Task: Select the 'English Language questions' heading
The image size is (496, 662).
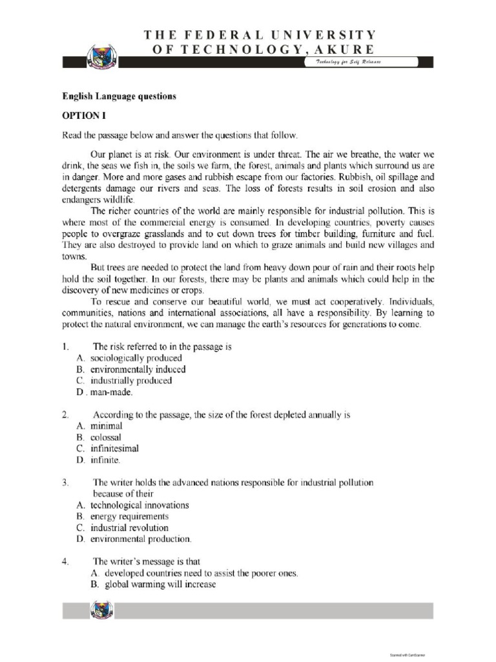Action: click(119, 96)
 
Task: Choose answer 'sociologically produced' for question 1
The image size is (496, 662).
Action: click(136, 358)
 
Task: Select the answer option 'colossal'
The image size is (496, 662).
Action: click(105, 437)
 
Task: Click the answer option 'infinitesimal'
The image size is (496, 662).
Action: click(114, 449)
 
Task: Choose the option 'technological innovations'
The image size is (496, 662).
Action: click(139, 505)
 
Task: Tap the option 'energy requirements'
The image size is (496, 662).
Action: click(129, 517)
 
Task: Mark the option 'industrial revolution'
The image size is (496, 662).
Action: click(129, 528)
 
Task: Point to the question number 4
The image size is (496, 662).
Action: click(65, 561)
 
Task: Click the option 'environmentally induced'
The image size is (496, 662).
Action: click(138, 370)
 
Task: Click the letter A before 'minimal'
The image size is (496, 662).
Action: click(79, 426)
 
